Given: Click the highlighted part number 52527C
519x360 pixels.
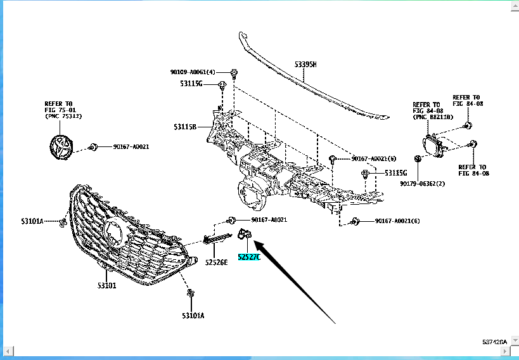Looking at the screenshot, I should point(249,257).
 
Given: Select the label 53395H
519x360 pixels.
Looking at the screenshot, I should point(305,65).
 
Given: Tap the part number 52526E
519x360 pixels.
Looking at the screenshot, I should point(216,262).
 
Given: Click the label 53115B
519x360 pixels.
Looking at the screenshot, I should point(185,127).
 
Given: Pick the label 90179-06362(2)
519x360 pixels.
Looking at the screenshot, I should point(423,184).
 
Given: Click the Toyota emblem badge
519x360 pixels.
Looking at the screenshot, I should point(61,147).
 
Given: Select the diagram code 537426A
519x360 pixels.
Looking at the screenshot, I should point(494,342).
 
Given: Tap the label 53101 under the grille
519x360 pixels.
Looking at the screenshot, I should point(107,286).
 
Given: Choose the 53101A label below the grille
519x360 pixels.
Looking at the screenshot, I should point(193,315).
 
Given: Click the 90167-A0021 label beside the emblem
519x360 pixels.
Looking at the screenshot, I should point(131,147).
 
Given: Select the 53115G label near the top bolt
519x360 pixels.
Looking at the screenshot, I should point(190,84).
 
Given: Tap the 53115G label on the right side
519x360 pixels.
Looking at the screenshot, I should point(396,173).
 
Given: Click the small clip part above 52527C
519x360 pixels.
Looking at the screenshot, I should point(243,236).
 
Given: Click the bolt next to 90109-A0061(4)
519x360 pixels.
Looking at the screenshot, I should point(234,72).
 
